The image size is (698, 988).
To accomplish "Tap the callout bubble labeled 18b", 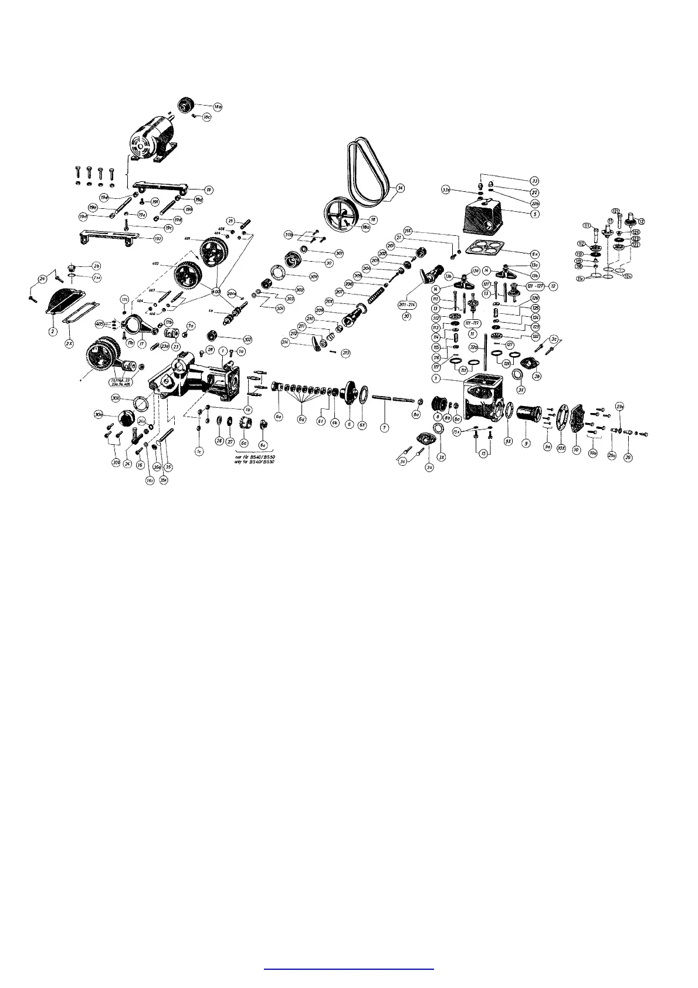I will pos(217,107).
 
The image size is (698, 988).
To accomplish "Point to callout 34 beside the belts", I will pos(401,188).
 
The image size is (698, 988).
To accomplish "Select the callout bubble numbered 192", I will pos(158,239).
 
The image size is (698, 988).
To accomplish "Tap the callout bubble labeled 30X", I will pos(116,398).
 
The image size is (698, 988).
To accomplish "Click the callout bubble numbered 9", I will pos(526,444).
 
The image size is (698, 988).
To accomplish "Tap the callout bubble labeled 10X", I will pos(561,448).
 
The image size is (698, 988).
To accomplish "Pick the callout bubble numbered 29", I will pos(628,457).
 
